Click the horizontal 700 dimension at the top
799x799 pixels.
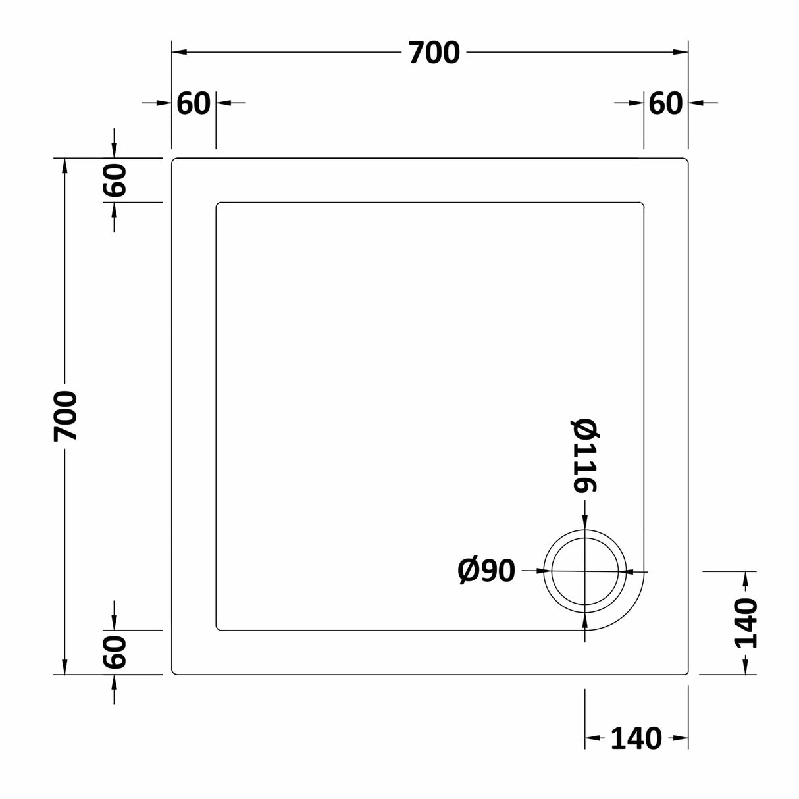tap(433, 53)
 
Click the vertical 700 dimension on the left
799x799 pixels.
tap(66, 416)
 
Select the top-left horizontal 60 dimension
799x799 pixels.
tap(193, 103)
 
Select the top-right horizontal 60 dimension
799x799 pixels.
tap(665, 103)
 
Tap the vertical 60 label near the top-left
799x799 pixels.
tap(115, 180)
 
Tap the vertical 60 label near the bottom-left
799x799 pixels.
tap(115, 652)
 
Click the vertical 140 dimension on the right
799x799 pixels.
tap(745, 623)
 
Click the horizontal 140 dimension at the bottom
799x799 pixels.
tap(636, 738)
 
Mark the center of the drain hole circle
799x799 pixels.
tap(584, 571)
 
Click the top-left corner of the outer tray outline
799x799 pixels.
tap(173, 159)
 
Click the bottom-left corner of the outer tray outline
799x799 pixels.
tap(173, 673)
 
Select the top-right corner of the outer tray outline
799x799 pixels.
tap(687, 159)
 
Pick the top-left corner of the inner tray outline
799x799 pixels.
tap(217, 203)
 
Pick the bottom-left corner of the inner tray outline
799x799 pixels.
tap(217, 629)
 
